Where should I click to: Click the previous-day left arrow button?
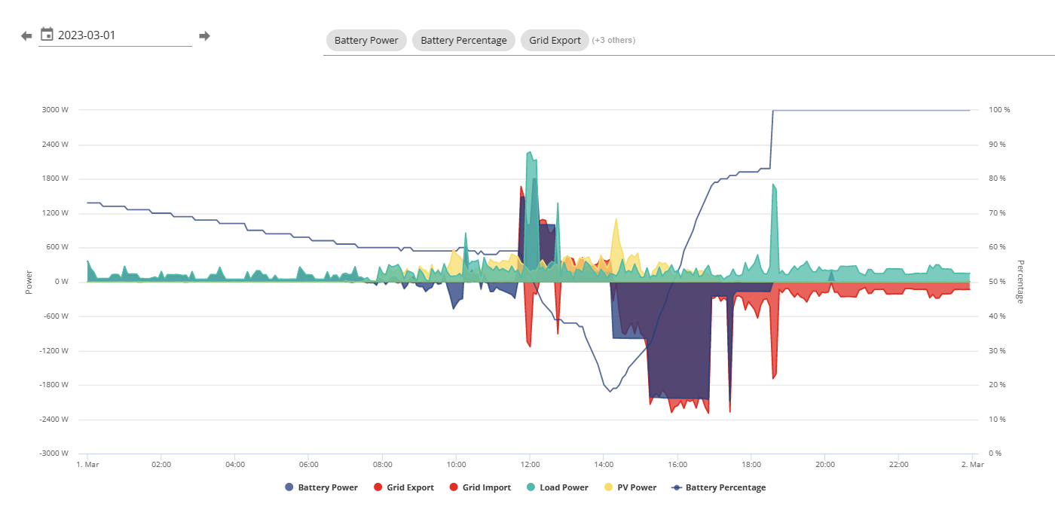(26, 35)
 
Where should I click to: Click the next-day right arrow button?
(204, 35)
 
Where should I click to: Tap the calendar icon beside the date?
(47, 35)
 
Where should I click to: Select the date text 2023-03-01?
(87, 35)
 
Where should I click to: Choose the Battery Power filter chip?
(366, 40)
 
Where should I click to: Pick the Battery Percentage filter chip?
(463, 40)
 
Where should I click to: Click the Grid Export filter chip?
(555, 40)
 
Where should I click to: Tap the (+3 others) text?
(613, 40)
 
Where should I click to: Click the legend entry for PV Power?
(630, 487)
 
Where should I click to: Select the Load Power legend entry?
(557, 487)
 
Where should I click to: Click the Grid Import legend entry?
(480, 487)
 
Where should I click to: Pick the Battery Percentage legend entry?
(719, 487)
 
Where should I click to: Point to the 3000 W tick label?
(55, 110)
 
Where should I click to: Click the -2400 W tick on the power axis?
(54, 420)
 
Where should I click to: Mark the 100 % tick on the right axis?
(999, 110)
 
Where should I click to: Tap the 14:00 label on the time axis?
(604, 465)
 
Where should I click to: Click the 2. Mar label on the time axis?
(973, 465)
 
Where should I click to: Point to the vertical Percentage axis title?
(1020, 282)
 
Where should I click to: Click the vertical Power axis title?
(29, 282)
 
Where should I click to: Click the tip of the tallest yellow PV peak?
(616, 218)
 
